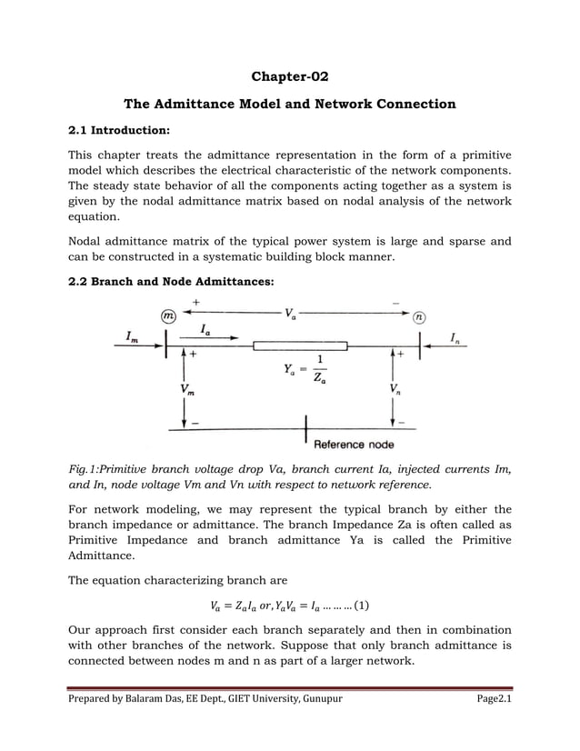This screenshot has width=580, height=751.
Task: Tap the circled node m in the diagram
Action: point(168,316)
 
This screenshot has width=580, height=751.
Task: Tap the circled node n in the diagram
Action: point(418,316)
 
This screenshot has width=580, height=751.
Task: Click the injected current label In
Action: point(455,338)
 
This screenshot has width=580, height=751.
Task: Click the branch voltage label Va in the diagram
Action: point(289,315)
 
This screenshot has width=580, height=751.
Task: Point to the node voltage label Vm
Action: point(185,389)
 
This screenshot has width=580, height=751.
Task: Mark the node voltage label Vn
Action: point(393,389)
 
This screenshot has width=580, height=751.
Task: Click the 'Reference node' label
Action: point(354,445)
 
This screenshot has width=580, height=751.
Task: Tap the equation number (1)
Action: point(360,605)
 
